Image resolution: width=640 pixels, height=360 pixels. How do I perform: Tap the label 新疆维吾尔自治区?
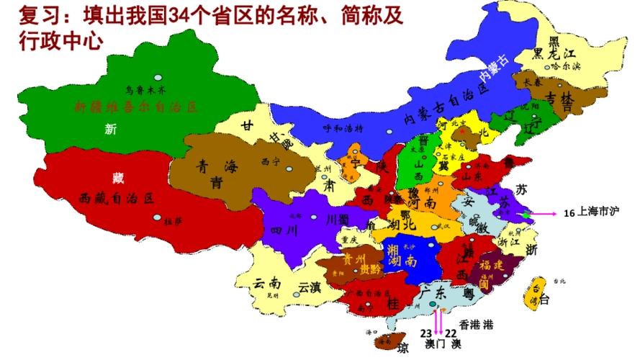pos(135,107)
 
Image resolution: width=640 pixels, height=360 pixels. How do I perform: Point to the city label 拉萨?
pos(173,220)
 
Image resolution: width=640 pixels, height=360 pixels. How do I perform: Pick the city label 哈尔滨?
pos(565,66)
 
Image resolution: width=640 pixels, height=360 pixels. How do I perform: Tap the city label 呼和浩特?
pos(340,130)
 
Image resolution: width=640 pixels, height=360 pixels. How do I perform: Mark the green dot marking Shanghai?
pos(527,214)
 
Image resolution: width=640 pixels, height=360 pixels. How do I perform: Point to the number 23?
pos(425,333)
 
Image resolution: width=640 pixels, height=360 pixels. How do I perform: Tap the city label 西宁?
pos(269,161)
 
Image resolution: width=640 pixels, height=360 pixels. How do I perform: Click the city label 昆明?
pos(271,295)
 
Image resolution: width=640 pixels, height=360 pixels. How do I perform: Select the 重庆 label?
pos(350,239)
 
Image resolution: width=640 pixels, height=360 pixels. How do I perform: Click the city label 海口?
pos(371,333)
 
